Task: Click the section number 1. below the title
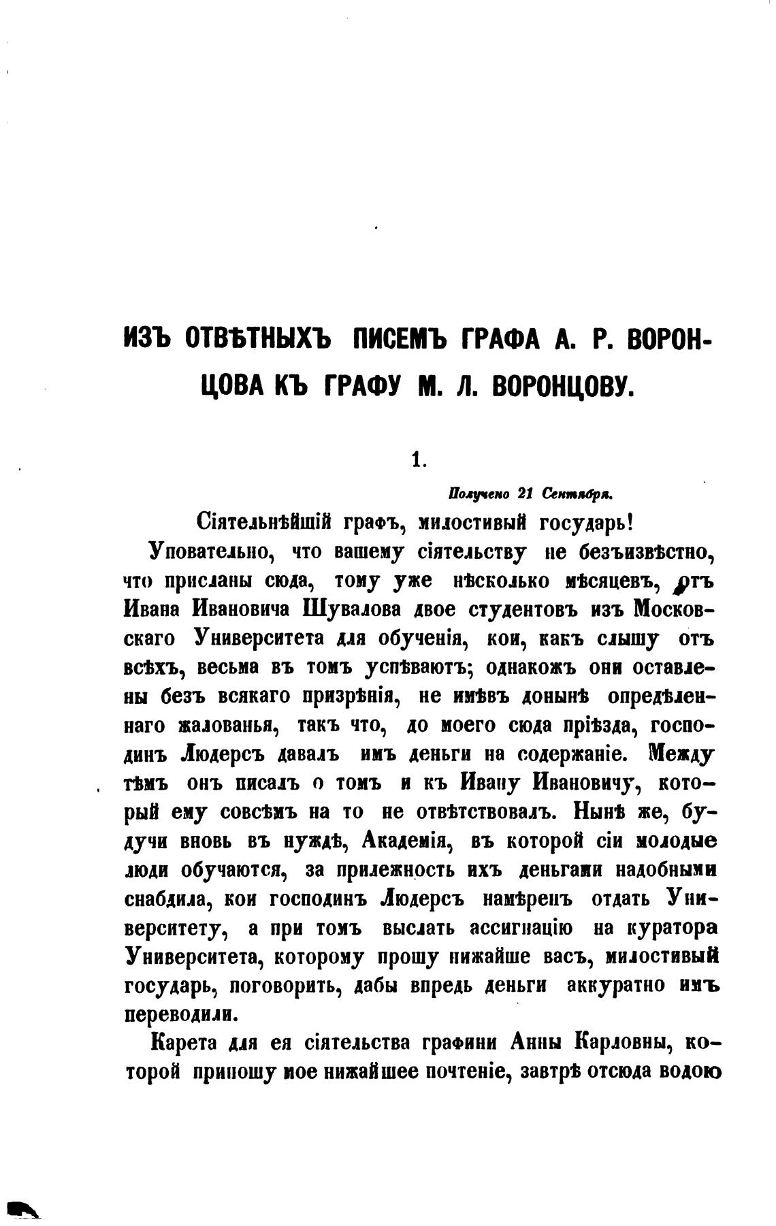coord(417,460)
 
